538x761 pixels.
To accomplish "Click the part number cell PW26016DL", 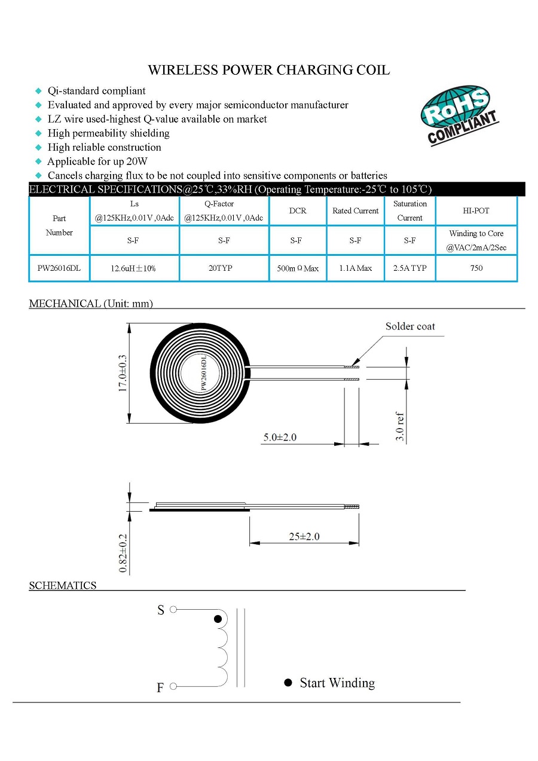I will [59, 268].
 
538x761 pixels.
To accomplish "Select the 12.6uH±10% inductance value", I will [134, 268].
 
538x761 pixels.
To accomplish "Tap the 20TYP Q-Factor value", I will [224, 268].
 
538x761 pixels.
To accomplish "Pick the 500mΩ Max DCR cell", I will [297, 268].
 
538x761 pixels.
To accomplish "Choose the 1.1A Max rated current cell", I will [355, 268].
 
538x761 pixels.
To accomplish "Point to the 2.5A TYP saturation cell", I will [409, 268].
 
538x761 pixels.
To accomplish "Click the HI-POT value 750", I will [476, 268].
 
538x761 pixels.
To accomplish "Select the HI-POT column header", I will [476, 210].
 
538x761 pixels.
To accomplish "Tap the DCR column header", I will [297, 210].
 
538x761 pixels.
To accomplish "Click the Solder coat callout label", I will [410, 326].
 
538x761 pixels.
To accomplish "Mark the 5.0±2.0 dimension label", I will [280, 437].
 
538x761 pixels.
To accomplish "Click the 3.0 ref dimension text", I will [401, 427].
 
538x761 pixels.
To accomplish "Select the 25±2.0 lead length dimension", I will [304, 536].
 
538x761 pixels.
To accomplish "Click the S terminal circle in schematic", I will [173, 610].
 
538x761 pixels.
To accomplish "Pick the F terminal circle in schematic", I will [173, 686].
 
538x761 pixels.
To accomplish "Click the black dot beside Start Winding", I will [288, 683].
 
